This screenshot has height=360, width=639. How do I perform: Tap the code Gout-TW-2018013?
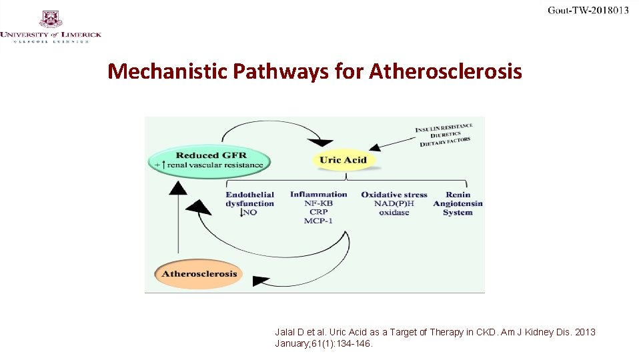point(588,10)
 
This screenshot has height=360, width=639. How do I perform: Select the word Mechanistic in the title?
point(168,71)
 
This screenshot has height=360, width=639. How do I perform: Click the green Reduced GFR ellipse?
point(211,160)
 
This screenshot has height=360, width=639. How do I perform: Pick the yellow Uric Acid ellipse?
point(343,159)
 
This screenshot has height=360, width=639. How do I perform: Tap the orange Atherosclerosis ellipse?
point(199,273)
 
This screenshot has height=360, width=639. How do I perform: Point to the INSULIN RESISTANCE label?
point(444,127)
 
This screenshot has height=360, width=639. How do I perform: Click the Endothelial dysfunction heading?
point(249,199)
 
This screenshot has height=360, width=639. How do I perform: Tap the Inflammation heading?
point(318,195)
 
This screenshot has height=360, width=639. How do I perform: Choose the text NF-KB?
point(318,203)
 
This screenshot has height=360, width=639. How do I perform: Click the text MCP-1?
point(318,221)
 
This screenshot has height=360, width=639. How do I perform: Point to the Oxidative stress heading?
point(394,195)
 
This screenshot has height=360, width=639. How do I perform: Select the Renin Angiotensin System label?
point(458,203)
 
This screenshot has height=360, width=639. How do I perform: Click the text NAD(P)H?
point(394,203)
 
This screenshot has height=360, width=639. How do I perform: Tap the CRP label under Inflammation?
point(318,212)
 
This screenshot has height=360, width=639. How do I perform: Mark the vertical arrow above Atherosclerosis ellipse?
point(177,220)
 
